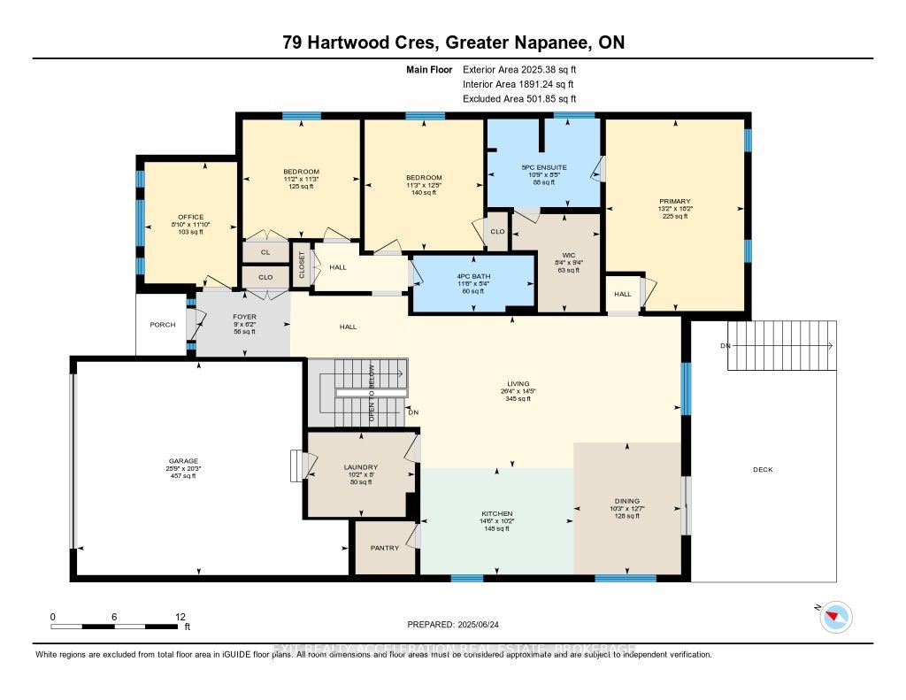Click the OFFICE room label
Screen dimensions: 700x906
click(190, 217)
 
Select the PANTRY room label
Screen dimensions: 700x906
click(385, 548)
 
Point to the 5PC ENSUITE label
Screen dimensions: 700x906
click(544, 167)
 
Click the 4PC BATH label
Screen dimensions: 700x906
click(473, 276)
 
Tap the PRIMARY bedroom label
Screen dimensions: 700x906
click(674, 201)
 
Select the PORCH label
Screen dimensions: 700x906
click(162, 325)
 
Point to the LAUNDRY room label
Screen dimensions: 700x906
click(361, 467)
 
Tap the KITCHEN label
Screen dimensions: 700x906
click(496, 513)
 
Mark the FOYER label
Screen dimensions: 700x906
click(243, 316)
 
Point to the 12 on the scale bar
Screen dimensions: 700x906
click(181, 616)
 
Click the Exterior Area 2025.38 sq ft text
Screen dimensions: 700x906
click(524, 69)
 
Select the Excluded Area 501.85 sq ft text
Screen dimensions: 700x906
click(525, 99)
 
